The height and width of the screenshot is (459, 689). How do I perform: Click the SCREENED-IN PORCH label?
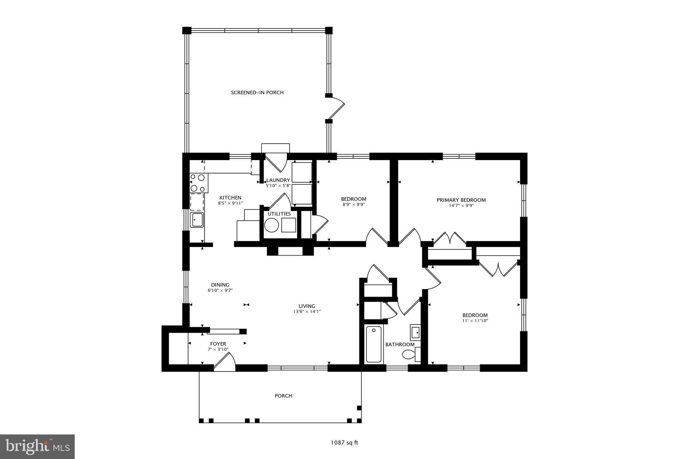click(x=257, y=92)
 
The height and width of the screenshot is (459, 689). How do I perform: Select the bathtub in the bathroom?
click(x=373, y=344)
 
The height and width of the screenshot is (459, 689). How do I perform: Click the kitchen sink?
click(x=197, y=220)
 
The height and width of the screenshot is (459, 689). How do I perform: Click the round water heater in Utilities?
click(x=271, y=225)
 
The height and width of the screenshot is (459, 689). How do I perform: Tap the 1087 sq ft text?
click(x=344, y=443)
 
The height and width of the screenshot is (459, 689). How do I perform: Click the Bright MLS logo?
click(x=37, y=447)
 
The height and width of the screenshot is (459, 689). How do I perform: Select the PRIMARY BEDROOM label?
click(x=461, y=200)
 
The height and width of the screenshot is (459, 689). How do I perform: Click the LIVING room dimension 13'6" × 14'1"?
click(x=306, y=312)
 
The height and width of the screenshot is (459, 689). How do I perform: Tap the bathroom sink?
click(x=415, y=333)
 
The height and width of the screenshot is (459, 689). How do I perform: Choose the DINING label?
click(x=220, y=285)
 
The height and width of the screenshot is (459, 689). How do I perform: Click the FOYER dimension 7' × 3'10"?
click(x=218, y=349)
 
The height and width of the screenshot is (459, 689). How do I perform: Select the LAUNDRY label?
click(x=278, y=180)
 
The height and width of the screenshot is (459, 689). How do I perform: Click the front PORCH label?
click(x=283, y=396)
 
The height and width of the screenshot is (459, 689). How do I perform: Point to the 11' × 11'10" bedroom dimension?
click(x=475, y=321)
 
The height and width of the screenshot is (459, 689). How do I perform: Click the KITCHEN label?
click(x=230, y=198)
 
